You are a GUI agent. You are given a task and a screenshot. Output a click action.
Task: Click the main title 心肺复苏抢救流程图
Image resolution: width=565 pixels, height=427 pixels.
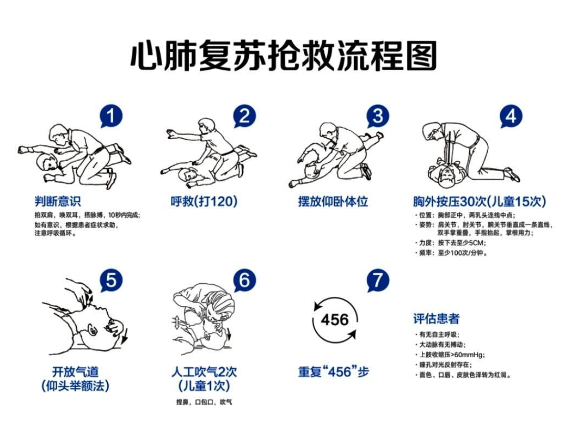pos(284,56)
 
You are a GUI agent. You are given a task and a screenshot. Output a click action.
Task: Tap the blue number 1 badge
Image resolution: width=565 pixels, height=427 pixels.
pos(111,116)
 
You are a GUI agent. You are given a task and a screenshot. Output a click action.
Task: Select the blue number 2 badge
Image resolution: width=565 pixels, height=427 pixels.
pos(244,116)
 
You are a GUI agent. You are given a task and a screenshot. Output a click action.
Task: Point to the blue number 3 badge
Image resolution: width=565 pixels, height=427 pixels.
pos(378,116)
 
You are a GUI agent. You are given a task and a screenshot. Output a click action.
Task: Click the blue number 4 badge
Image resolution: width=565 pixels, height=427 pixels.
pos(511,116)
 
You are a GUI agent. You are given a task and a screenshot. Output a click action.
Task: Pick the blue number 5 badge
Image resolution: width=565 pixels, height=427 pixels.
pos(111,280)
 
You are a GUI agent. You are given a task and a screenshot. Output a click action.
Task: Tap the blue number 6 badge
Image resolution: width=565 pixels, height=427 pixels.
pos(244,280)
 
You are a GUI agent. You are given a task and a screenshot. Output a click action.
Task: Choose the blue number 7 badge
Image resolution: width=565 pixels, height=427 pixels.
pos(378,280)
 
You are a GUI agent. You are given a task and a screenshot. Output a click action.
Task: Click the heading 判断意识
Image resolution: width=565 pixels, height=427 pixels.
pos(58,201)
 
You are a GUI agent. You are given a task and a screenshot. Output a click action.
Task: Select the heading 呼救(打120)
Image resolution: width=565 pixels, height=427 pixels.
pos(204,201)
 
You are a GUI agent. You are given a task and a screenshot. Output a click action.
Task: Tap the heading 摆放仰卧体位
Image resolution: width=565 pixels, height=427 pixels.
pos(333,201)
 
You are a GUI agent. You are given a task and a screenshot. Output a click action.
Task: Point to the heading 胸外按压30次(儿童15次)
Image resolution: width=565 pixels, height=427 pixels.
pos(480,201)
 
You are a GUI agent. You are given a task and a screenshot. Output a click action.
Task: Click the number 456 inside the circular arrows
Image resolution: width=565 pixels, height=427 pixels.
pos(335,320)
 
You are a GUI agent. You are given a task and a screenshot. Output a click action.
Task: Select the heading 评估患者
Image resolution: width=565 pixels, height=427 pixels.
pos(437,319)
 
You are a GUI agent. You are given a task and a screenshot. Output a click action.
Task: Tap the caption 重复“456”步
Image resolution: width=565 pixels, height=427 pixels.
pos(333,371)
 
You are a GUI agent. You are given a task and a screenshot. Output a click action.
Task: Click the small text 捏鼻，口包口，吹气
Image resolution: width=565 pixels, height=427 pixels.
pos(204,402)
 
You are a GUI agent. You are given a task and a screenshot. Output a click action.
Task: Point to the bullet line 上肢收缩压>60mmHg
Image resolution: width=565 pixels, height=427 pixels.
pos(450,355)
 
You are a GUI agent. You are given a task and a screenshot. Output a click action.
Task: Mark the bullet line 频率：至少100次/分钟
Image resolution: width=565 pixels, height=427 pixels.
pos(451,253)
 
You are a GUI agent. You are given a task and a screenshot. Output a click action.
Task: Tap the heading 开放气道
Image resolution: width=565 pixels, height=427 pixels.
pos(75,371)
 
